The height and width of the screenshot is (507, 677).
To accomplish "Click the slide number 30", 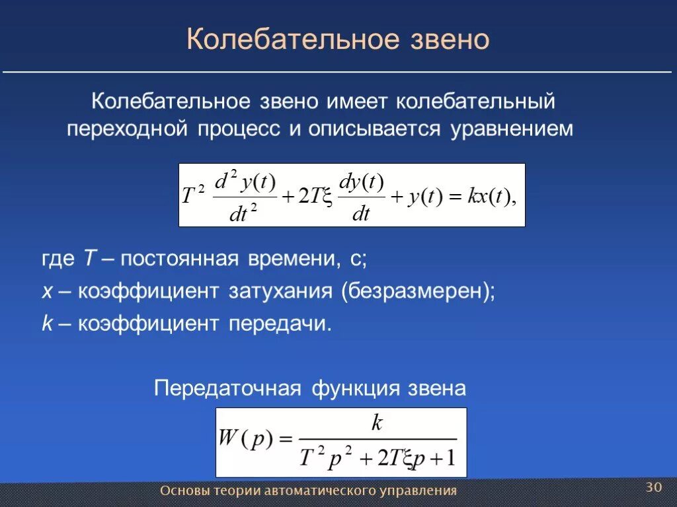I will click(653, 487).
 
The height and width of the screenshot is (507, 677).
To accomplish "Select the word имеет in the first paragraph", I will click(359, 102).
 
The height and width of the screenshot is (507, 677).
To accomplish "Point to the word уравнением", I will click(512, 129).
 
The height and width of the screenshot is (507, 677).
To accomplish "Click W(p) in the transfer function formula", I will click(245, 440).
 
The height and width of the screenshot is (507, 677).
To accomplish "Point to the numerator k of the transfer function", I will click(377, 423).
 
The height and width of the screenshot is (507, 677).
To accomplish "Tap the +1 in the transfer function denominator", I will click(442, 457).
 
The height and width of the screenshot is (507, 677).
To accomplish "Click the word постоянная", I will click(179, 259).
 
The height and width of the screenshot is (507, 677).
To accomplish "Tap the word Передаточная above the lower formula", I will click(227, 388).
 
